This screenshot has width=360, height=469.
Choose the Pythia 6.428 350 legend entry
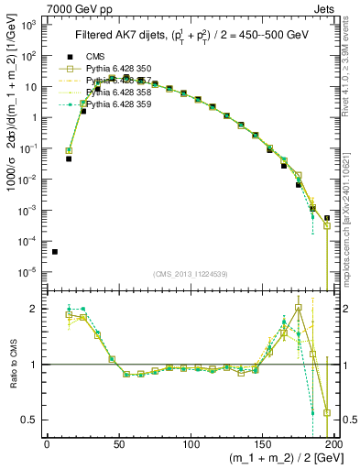pos(128,69)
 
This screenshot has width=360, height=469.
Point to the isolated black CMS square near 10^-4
pos(55,252)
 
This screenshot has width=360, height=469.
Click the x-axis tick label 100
pos(191,446)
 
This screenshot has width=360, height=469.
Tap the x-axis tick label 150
pos(262,446)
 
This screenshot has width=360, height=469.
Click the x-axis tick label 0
pos(48,446)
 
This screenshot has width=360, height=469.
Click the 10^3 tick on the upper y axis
pos(28,25)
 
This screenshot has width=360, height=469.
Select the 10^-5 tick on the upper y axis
pos(28,271)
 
